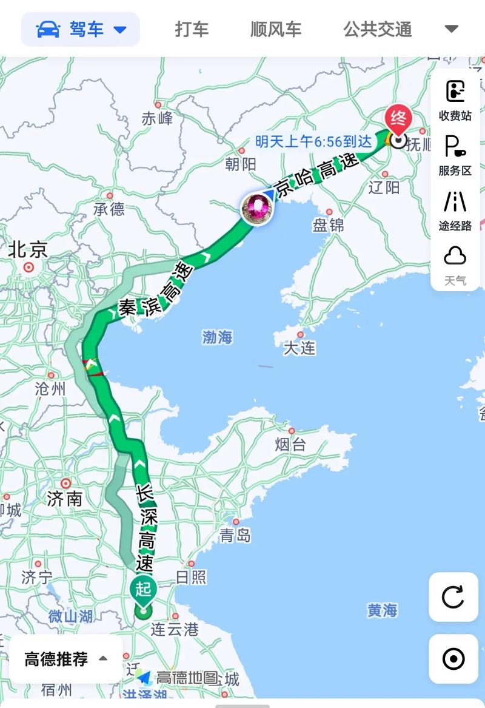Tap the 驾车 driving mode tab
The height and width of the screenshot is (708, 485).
81,29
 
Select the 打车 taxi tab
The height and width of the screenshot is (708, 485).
192,29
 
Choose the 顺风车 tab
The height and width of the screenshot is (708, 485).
276,29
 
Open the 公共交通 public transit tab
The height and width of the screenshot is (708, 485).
378,29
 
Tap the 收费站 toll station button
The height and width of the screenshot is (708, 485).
455,99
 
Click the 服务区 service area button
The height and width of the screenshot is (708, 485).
455,155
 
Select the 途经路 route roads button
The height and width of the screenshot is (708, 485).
455,210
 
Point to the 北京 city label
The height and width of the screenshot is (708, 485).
28,249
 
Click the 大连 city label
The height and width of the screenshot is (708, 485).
299,348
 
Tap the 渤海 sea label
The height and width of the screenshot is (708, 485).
218,337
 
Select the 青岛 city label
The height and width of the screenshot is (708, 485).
235,535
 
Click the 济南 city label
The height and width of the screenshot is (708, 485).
65,499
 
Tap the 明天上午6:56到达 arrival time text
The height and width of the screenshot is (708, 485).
313,141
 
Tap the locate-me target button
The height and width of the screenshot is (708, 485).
453,659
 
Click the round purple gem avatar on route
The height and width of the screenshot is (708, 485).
257,207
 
